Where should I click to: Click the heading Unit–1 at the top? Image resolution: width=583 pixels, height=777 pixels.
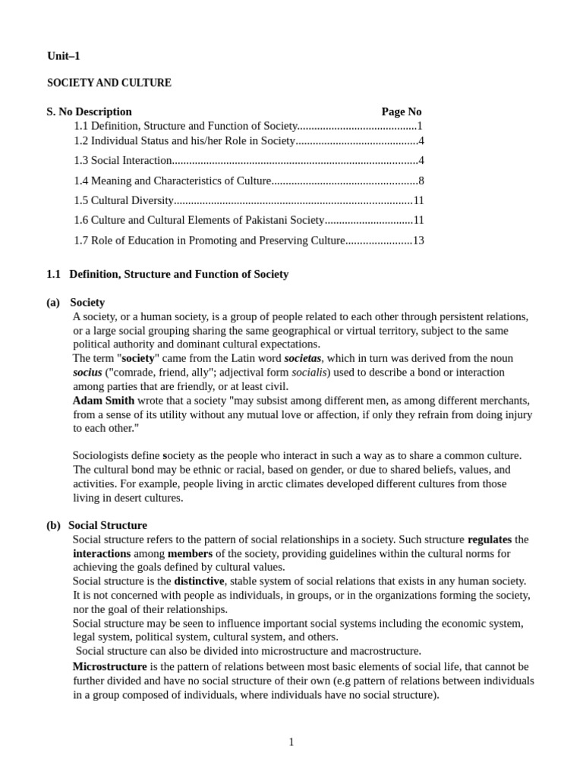pyautogui.click(x=64, y=56)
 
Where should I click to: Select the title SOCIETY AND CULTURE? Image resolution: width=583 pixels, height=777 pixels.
pyautogui.click(x=109, y=83)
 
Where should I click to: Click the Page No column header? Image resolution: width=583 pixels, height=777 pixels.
pyautogui.click(x=401, y=112)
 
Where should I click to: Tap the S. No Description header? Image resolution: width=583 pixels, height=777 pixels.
pyautogui.click(x=89, y=112)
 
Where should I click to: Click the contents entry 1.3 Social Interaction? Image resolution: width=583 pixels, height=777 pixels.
pyautogui.click(x=123, y=160)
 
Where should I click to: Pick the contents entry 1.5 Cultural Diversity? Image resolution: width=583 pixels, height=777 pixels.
pyautogui.click(x=124, y=200)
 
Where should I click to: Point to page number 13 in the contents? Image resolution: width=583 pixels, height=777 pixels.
pyautogui.click(x=418, y=240)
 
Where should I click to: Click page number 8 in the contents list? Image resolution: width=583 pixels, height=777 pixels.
pyautogui.click(x=421, y=181)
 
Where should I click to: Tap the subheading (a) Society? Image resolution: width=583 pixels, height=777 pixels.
pyautogui.click(x=76, y=302)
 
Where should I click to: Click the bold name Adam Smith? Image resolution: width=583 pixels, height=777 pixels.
pyautogui.click(x=103, y=401)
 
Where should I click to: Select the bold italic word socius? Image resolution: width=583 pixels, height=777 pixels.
pyautogui.click(x=87, y=373)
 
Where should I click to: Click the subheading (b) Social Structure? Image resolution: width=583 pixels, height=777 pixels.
pyautogui.click(x=96, y=525)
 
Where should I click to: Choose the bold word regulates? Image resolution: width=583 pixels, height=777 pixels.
pyautogui.click(x=490, y=539)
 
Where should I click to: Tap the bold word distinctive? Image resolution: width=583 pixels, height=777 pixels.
pyautogui.click(x=199, y=580)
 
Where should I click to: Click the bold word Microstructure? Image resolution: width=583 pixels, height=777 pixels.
pyautogui.click(x=109, y=666)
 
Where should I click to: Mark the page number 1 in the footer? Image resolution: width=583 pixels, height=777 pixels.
pyautogui.click(x=291, y=742)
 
